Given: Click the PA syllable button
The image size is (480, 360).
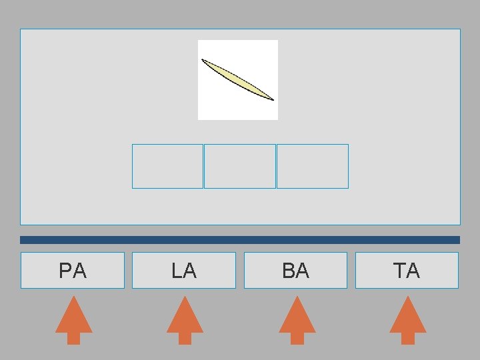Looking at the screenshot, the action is pos(73,270).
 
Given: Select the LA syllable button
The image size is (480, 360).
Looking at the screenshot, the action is pos(184,270).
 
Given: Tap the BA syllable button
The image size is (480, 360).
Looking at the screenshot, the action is pos(295,270).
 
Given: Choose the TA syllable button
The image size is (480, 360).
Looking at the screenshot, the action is pos(407,270).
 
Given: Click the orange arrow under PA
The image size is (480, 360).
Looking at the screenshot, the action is pos(73,320).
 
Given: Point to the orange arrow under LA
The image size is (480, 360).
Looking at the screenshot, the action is pos(185,320).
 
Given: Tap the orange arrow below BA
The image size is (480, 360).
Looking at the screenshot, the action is pos(297,320).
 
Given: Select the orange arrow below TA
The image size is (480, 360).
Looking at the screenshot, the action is pos(407,320).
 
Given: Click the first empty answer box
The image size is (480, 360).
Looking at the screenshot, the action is pos(167,166).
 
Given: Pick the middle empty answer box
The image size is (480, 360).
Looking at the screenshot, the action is pos(239,166).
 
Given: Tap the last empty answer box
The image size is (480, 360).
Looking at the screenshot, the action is pos(312,166).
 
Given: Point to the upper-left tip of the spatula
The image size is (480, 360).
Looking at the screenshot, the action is pos(203,60).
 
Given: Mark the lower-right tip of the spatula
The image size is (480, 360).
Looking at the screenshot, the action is pos(273,99).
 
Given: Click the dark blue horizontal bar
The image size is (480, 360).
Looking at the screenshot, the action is pos(240,239).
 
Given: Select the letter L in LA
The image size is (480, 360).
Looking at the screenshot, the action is pos(176,271).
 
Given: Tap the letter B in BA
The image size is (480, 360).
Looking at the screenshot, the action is pos(288,271).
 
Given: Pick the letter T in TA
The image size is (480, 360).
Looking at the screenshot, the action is pos(399,271).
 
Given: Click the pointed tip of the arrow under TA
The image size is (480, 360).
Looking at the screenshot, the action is pos(407,298).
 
